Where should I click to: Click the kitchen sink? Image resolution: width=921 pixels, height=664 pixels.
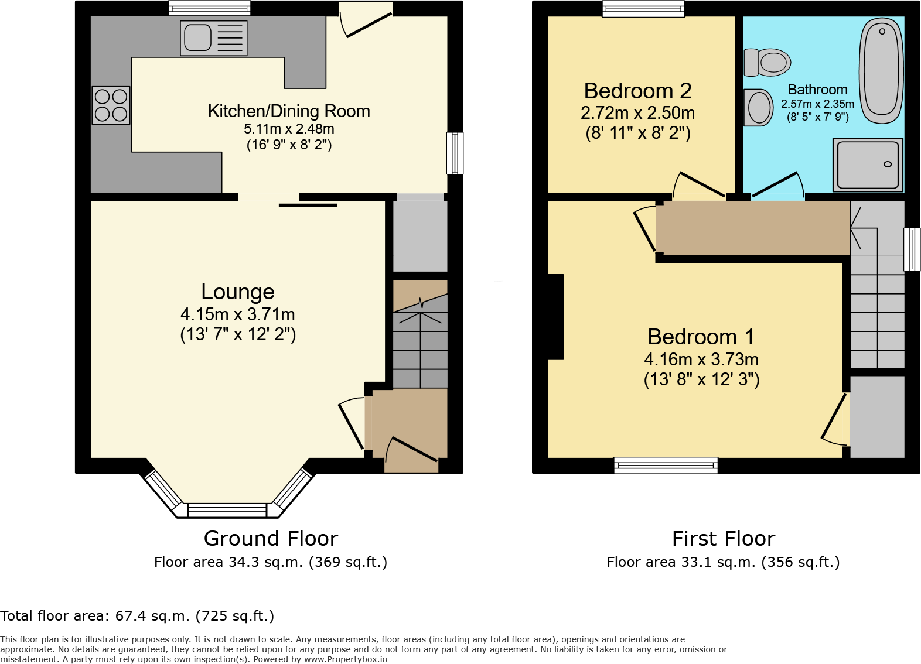[213, 38]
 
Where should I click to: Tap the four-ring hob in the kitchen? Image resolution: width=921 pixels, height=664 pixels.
[111, 105]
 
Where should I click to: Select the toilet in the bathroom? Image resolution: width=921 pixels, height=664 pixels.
[768, 63]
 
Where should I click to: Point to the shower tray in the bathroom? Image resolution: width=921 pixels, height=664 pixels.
[868, 165]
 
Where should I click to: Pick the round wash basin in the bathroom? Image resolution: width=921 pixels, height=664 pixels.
[759, 108]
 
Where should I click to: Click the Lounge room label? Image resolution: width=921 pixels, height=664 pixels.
[238, 292]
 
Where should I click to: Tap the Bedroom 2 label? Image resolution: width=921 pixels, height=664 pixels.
[637, 91]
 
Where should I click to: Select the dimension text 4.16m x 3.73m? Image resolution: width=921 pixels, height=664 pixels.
[701, 359]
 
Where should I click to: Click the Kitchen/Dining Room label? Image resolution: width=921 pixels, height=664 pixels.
[289, 111]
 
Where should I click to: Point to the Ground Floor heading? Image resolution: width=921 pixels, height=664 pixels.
[271, 538]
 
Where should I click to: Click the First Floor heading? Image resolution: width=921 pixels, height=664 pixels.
[724, 538]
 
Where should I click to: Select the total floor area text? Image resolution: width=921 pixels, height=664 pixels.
[137, 616]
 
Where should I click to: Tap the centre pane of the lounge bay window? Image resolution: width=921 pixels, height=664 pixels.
[227, 511]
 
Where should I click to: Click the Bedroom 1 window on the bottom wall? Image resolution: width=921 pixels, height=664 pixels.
[666, 466]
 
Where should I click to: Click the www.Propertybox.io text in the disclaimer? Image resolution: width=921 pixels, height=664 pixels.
[345, 659]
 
